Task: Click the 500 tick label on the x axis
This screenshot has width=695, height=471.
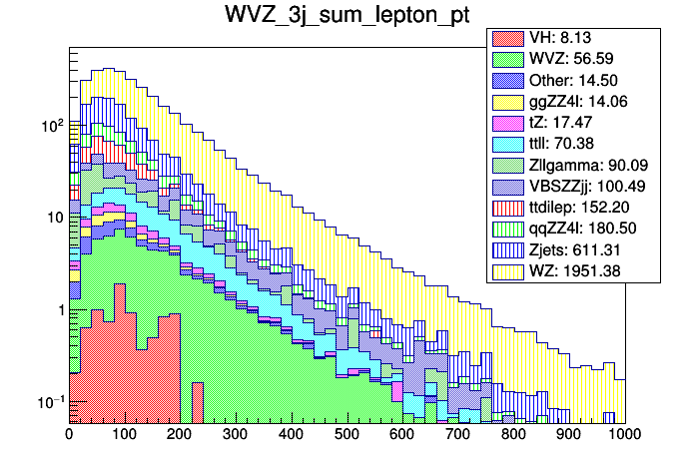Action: pos(347,435)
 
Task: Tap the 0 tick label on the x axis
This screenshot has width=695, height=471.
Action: pos(69,435)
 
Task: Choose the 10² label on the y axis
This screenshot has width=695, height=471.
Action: pos(50,126)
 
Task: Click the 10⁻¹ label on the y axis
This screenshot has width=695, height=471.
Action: pos(49,402)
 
